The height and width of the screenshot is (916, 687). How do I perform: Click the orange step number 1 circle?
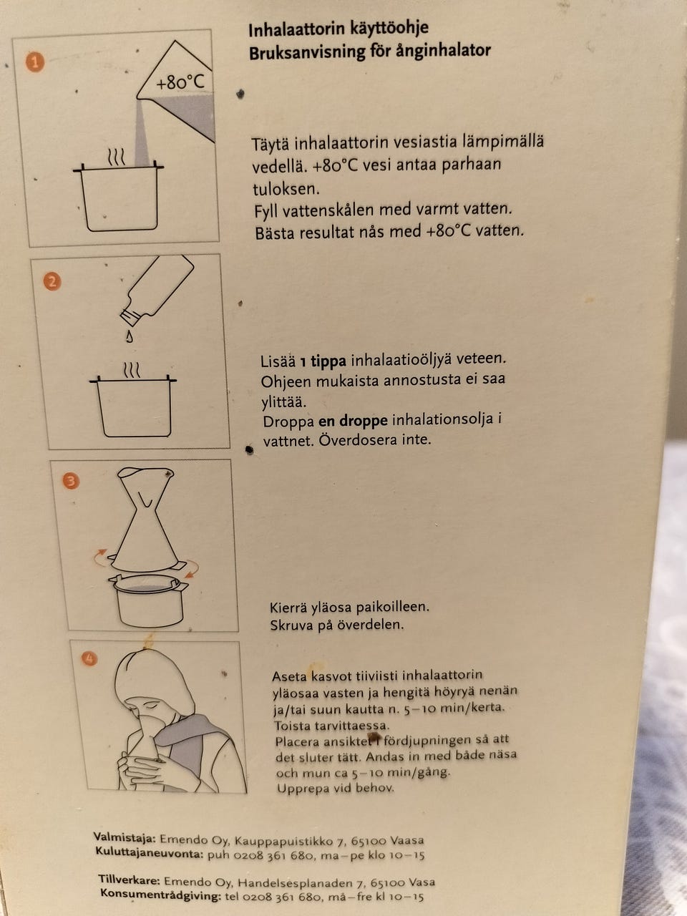(x=35, y=62)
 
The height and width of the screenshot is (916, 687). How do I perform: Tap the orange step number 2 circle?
(x=52, y=281)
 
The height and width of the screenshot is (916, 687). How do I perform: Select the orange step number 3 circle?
(x=71, y=481)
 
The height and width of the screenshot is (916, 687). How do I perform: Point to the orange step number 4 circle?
(x=89, y=659)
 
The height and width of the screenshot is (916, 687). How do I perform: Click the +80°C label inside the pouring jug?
(x=180, y=82)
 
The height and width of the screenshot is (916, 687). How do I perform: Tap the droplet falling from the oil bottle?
(x=130, y=336)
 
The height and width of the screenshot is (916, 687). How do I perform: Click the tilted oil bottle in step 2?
(x=157, y=290)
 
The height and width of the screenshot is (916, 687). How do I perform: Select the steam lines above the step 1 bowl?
(x=116, y=157)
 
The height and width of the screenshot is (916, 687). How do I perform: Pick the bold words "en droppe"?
(x=353, y=421)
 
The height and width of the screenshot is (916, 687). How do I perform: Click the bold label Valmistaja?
(x=125, y=826)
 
